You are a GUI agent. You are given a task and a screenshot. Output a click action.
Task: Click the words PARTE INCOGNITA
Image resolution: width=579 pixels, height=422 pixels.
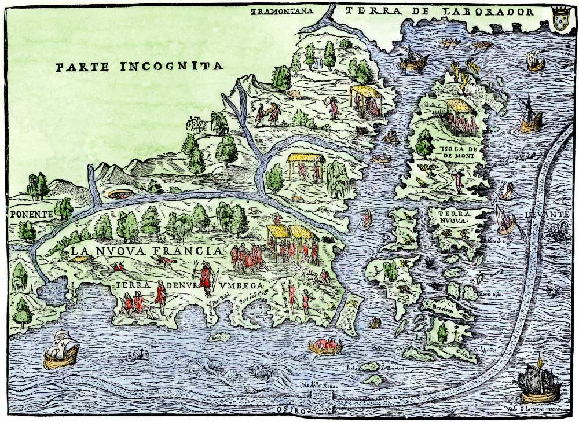click(x=139, y=65)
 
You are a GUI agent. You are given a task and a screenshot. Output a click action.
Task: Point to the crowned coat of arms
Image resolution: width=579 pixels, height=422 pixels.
click(x=560, y=14)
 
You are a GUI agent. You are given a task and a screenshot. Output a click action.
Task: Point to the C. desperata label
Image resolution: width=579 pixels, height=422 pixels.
click(x=482, y=348)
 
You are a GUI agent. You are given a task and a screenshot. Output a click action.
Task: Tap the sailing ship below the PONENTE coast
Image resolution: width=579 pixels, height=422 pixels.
click(x=61, y=349)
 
